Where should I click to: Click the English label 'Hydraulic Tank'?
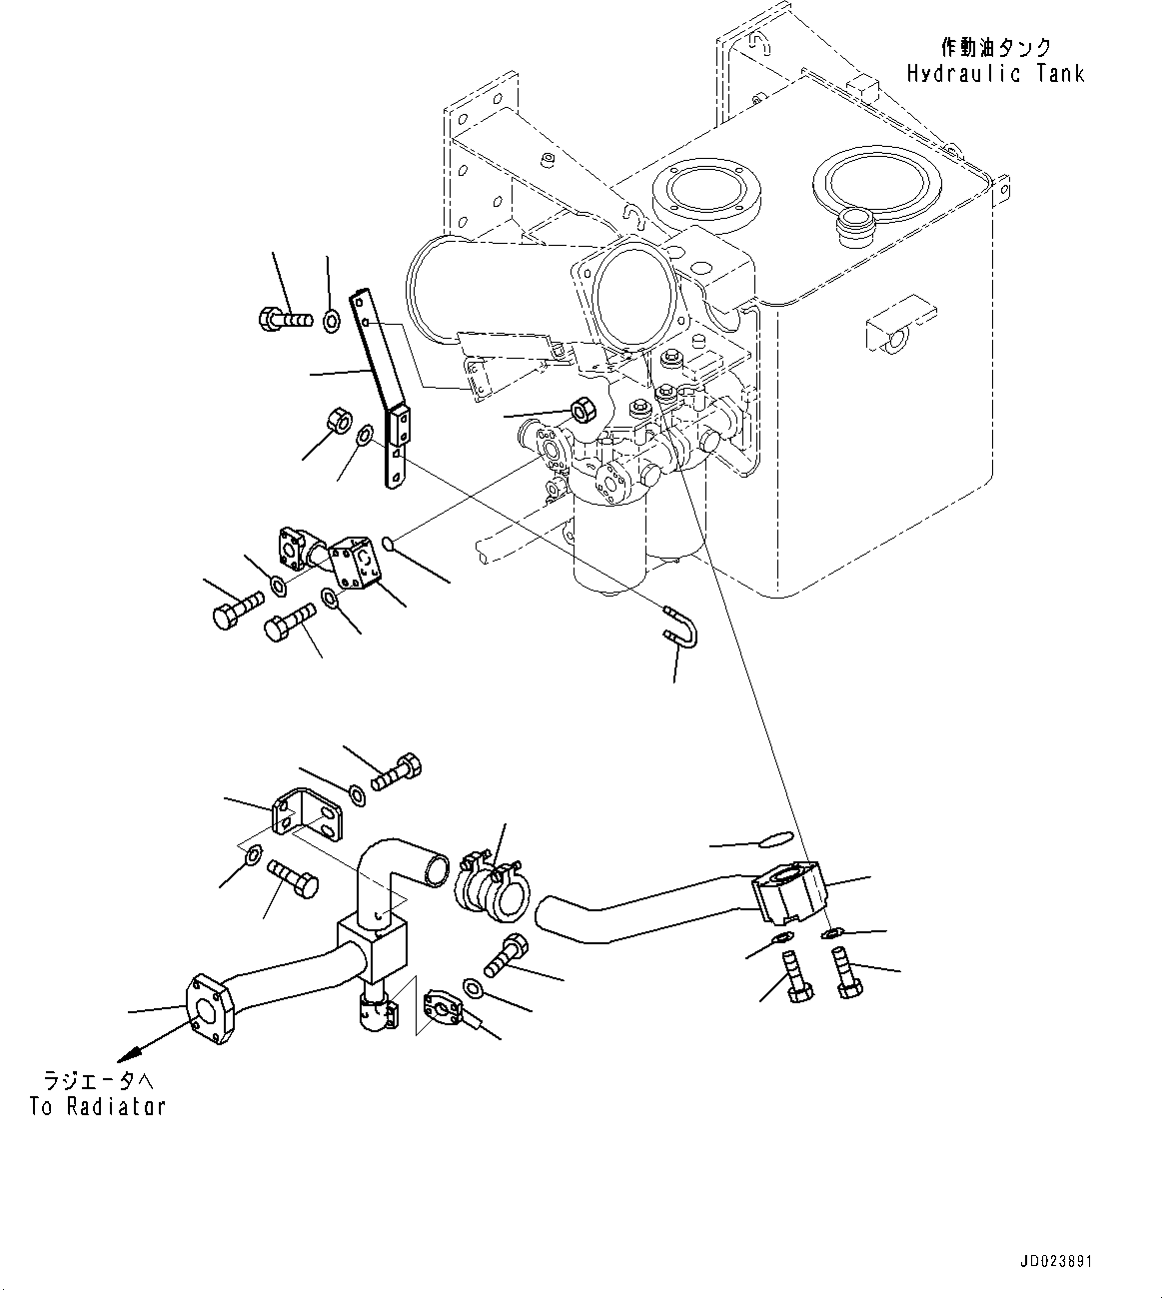995,73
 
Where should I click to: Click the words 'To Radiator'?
97,1106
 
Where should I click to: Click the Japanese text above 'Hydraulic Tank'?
995,46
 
